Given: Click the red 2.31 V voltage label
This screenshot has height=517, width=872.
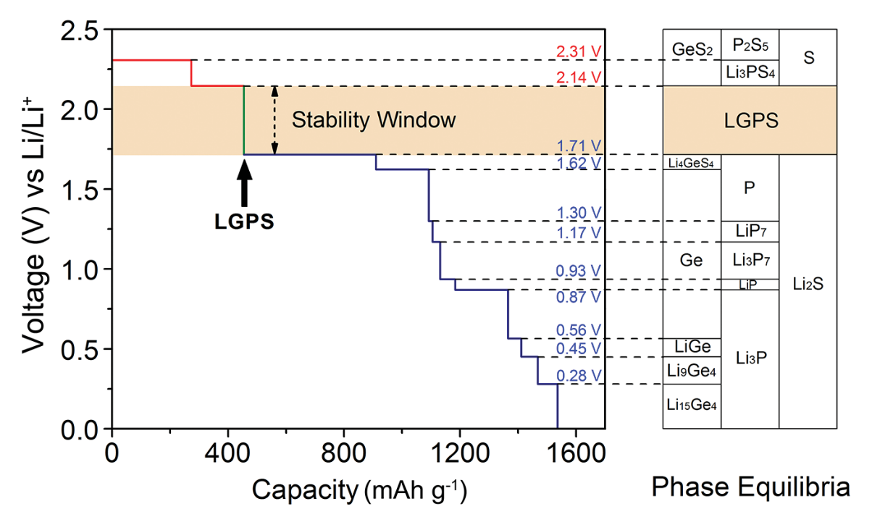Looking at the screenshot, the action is (x=579, y=51).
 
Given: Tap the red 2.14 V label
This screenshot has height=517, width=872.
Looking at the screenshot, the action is (x=579, y=77).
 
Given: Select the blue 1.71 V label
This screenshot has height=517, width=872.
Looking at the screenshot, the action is (x=579, y=146).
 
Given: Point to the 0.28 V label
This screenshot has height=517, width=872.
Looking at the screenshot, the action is (x=579, y=376).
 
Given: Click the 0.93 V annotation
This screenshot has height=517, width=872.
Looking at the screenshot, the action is (x=579, y=271).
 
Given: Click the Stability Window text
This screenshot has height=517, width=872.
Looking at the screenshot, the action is (x=374, y=120).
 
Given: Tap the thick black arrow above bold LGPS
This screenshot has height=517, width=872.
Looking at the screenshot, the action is (x=245, y=182).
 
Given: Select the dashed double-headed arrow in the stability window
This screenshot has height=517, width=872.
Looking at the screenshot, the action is (x=274, y=120).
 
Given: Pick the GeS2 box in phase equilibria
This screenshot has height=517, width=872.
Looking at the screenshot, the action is (x=692, y=57).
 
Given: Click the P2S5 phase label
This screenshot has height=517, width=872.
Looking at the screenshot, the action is (x=750, y=45).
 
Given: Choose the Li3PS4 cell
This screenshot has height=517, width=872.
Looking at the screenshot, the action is (x=750, y=73).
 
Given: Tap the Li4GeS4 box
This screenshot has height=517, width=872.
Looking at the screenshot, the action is (x=692, y=162).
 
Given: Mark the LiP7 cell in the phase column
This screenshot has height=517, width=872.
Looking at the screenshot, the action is (x=750, y=232).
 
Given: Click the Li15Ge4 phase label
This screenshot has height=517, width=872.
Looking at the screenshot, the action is (x=692, y=405).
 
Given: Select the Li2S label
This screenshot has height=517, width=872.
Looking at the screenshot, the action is (x=808, y=284).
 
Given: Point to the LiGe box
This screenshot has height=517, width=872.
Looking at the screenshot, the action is (x=692, y=348).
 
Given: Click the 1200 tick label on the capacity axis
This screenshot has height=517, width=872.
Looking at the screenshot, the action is (x=461, y=453).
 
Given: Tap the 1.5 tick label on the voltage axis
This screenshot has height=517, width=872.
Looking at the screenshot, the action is (x=80, y=190).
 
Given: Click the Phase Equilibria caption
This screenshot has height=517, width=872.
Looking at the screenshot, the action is (x=750, y=487).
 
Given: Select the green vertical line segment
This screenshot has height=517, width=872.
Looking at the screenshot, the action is (x=244, y=120).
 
